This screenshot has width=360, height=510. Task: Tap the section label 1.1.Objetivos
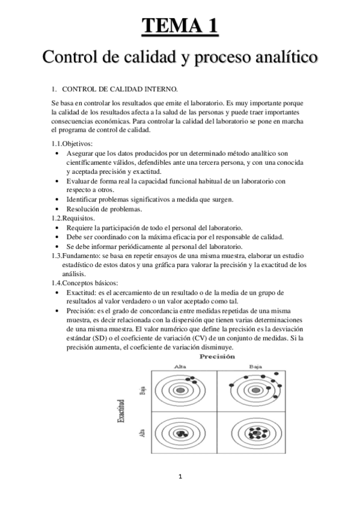coord(72,144)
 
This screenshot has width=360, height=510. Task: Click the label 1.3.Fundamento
coord(76,256)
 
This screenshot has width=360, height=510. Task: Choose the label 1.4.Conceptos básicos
coord(85,283)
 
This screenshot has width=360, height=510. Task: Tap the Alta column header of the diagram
coord(180,366)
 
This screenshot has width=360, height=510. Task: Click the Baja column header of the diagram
coord(255,366)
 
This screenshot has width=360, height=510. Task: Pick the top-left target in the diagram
coord(181,389)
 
